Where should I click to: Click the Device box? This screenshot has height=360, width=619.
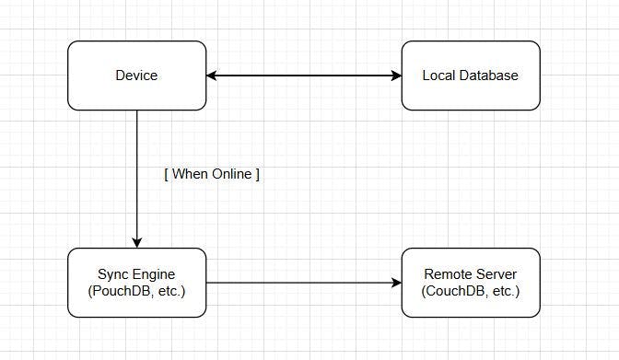click(x=137, y=92)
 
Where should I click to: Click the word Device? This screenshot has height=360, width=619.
click(x=137, y=75)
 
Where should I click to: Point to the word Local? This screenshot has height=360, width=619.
click(x=439, y=75)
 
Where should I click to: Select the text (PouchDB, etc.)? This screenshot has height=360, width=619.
click(x=137, y=291)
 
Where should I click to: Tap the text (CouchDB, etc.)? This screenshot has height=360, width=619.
click(x=470, y=291)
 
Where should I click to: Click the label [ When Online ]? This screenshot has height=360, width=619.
click(x=211, y=175)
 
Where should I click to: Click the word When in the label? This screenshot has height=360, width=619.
click(x=190, y=175)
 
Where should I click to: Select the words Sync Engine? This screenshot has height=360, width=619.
click(x=137, y=274)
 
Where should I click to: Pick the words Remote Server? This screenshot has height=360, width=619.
click(x=470, y=274)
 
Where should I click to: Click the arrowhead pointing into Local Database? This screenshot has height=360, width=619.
click(x=396, y=75)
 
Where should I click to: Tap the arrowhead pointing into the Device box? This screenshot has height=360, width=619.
click(x=212, y=75)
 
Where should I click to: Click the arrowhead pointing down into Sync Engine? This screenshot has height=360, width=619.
click(x=137, y=243)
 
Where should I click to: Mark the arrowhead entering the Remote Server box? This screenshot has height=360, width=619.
click(x=396, y=283)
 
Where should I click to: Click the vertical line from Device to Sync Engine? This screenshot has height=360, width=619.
click(x=137, y=147)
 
